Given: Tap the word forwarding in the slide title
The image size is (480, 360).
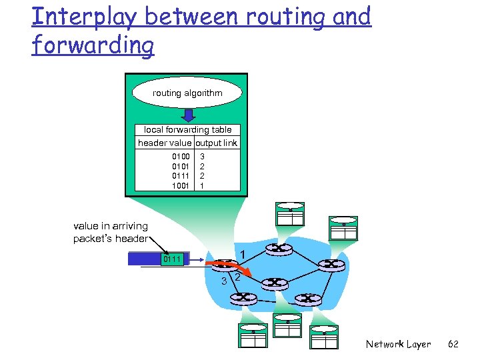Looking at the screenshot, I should [93, 46].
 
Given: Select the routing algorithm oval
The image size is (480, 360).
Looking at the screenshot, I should [187, 93].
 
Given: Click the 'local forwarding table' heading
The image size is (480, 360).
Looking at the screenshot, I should [187, 130].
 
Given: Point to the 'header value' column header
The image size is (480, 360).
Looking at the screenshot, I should [164, 143].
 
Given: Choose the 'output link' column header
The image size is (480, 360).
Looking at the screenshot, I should [216, 143].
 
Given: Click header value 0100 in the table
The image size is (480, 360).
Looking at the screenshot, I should [181, 157].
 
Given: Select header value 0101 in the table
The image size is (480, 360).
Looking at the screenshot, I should [181, 166].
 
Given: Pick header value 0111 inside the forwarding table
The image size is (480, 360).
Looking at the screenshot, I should [181, 176].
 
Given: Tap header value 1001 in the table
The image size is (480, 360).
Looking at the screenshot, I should [181, 186].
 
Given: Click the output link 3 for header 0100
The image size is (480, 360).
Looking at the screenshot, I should [202, 157].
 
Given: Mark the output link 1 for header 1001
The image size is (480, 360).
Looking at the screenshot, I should [202, 186].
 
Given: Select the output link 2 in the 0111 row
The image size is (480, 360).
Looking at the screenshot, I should [202, 176].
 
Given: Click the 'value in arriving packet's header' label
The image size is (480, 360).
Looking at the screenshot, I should [111, 233].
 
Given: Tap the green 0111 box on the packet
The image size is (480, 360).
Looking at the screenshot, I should [172, 259].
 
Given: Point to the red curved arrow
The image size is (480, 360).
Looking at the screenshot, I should [230, 268].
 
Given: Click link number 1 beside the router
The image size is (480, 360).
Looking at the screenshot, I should [243, 254].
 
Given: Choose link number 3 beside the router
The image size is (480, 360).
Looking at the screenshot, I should [224, 281].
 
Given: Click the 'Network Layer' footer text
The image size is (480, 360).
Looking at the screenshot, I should [398, 344].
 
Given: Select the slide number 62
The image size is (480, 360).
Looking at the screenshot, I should [453, 344].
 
